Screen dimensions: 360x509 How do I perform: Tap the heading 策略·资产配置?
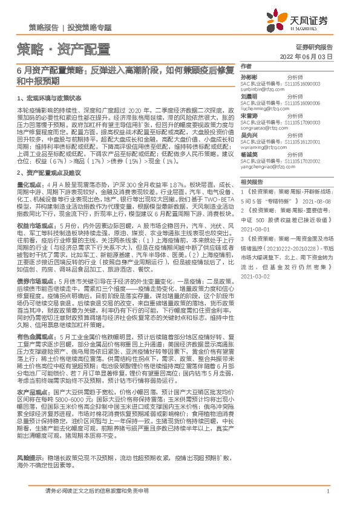tap(63, 49)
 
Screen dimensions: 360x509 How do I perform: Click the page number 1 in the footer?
tap(327, 492)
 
